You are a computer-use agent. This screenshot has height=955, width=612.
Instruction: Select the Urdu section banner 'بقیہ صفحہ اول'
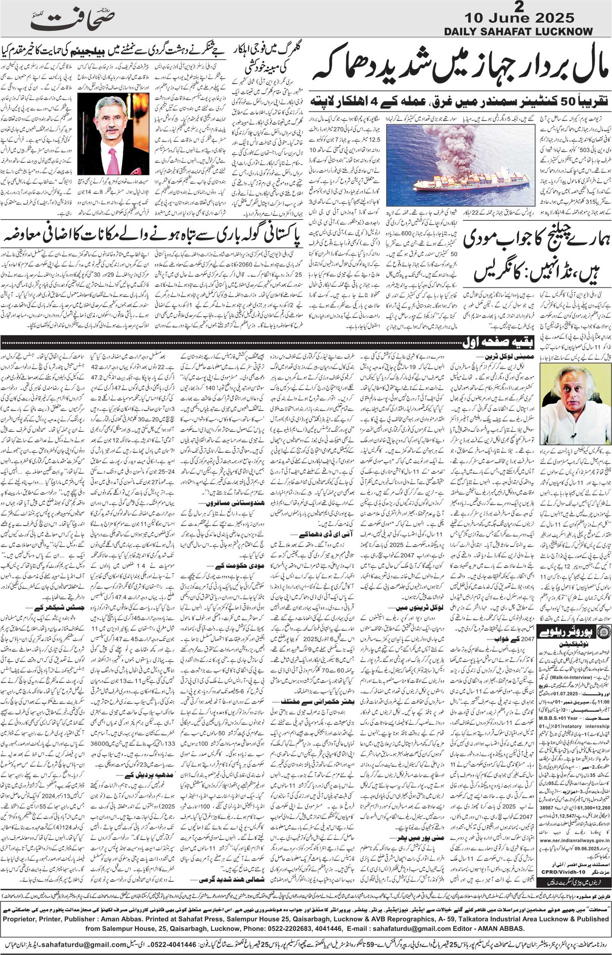(500, 341)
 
